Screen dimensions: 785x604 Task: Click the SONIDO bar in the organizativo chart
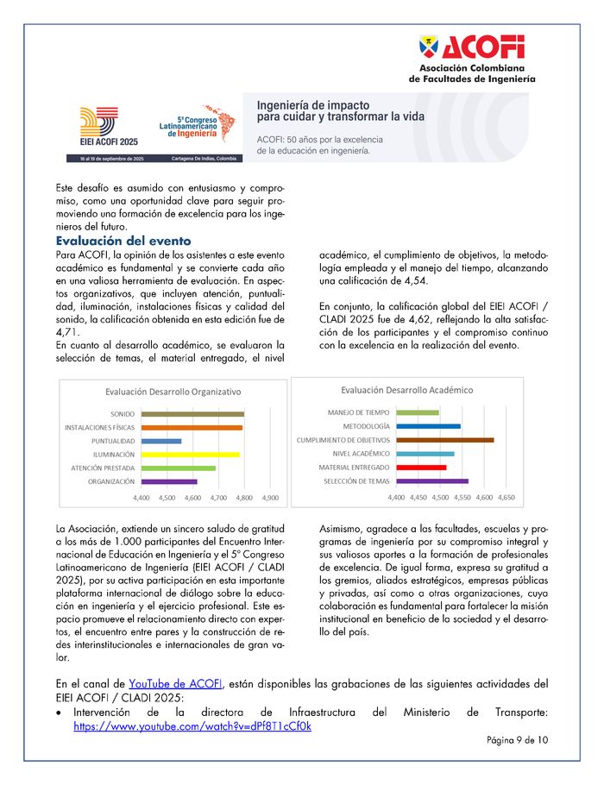[x=192, y=414]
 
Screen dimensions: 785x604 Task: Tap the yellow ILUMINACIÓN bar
[x=190, y=454]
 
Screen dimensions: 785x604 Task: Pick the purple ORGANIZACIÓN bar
[x=168, y=481]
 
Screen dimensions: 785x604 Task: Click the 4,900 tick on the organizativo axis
[x=270, y=499]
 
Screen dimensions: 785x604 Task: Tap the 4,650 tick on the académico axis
[x=506, y=499]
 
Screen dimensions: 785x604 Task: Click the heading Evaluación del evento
[x=123, y=241]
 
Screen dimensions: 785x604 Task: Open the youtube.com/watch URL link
[x=192, y=726]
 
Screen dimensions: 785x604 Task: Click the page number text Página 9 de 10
[x=517, y=740]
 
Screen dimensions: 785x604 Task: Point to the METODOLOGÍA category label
[x=366, y=426]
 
